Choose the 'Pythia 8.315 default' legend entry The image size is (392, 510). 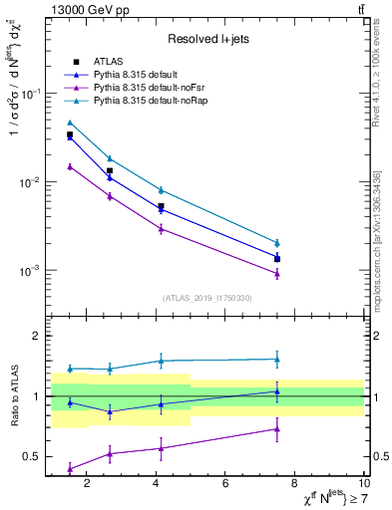(139, 75)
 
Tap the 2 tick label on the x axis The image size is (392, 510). (87, 483)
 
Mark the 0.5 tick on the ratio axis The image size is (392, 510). (34, 456)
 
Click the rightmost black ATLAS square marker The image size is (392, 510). (277, 259)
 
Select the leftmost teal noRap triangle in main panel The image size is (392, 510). (70, 123)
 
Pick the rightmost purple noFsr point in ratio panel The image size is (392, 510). (277, 429)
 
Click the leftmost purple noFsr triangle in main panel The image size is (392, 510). (70, 166)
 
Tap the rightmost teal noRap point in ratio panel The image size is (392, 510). (277, 359)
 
